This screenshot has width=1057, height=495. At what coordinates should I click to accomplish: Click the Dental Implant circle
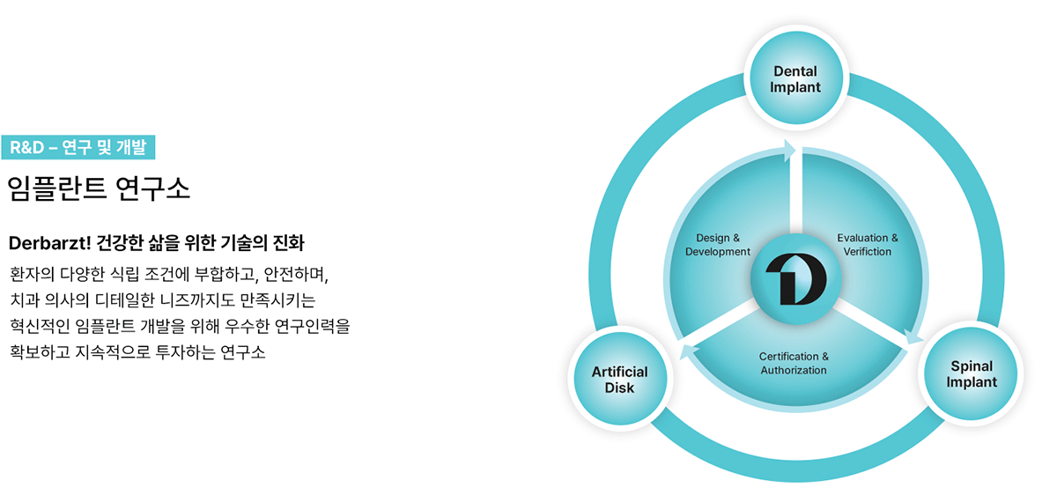click(796, 78)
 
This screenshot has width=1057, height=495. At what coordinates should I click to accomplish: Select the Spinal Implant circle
click(971, 373)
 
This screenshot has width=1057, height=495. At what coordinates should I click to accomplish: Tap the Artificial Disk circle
click(620, 379)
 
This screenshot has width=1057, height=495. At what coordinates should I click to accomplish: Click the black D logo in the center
click(796, 279)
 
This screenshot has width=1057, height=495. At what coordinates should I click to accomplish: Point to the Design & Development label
click(718, 245)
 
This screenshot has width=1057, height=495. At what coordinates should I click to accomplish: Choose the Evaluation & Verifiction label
click(868, 245)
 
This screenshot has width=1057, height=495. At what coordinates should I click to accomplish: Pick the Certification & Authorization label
click(794, 364)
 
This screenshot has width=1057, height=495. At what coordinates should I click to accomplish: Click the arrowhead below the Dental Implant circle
click(789, 151)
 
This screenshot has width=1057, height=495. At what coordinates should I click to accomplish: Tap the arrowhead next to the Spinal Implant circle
click(913, 336)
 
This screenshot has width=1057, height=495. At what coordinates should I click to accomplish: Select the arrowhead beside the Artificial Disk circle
click(689, 351)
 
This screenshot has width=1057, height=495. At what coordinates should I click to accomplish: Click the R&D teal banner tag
click(78, 147)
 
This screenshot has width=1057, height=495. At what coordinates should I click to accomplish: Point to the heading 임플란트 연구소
click(99, 188)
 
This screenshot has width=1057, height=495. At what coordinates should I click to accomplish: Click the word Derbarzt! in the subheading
click(49, 243)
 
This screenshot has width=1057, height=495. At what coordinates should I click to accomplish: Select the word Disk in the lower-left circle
click(619, 388)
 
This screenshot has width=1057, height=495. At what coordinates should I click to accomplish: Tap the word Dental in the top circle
click(795, 71)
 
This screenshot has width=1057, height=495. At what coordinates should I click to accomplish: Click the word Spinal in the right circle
click(972, 366)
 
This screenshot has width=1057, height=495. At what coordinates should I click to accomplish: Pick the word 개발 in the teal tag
click(131, 147)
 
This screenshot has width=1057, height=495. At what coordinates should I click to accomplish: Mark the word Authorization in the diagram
click(794, 371)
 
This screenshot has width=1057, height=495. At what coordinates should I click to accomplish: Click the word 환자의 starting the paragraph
click(32, 274)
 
